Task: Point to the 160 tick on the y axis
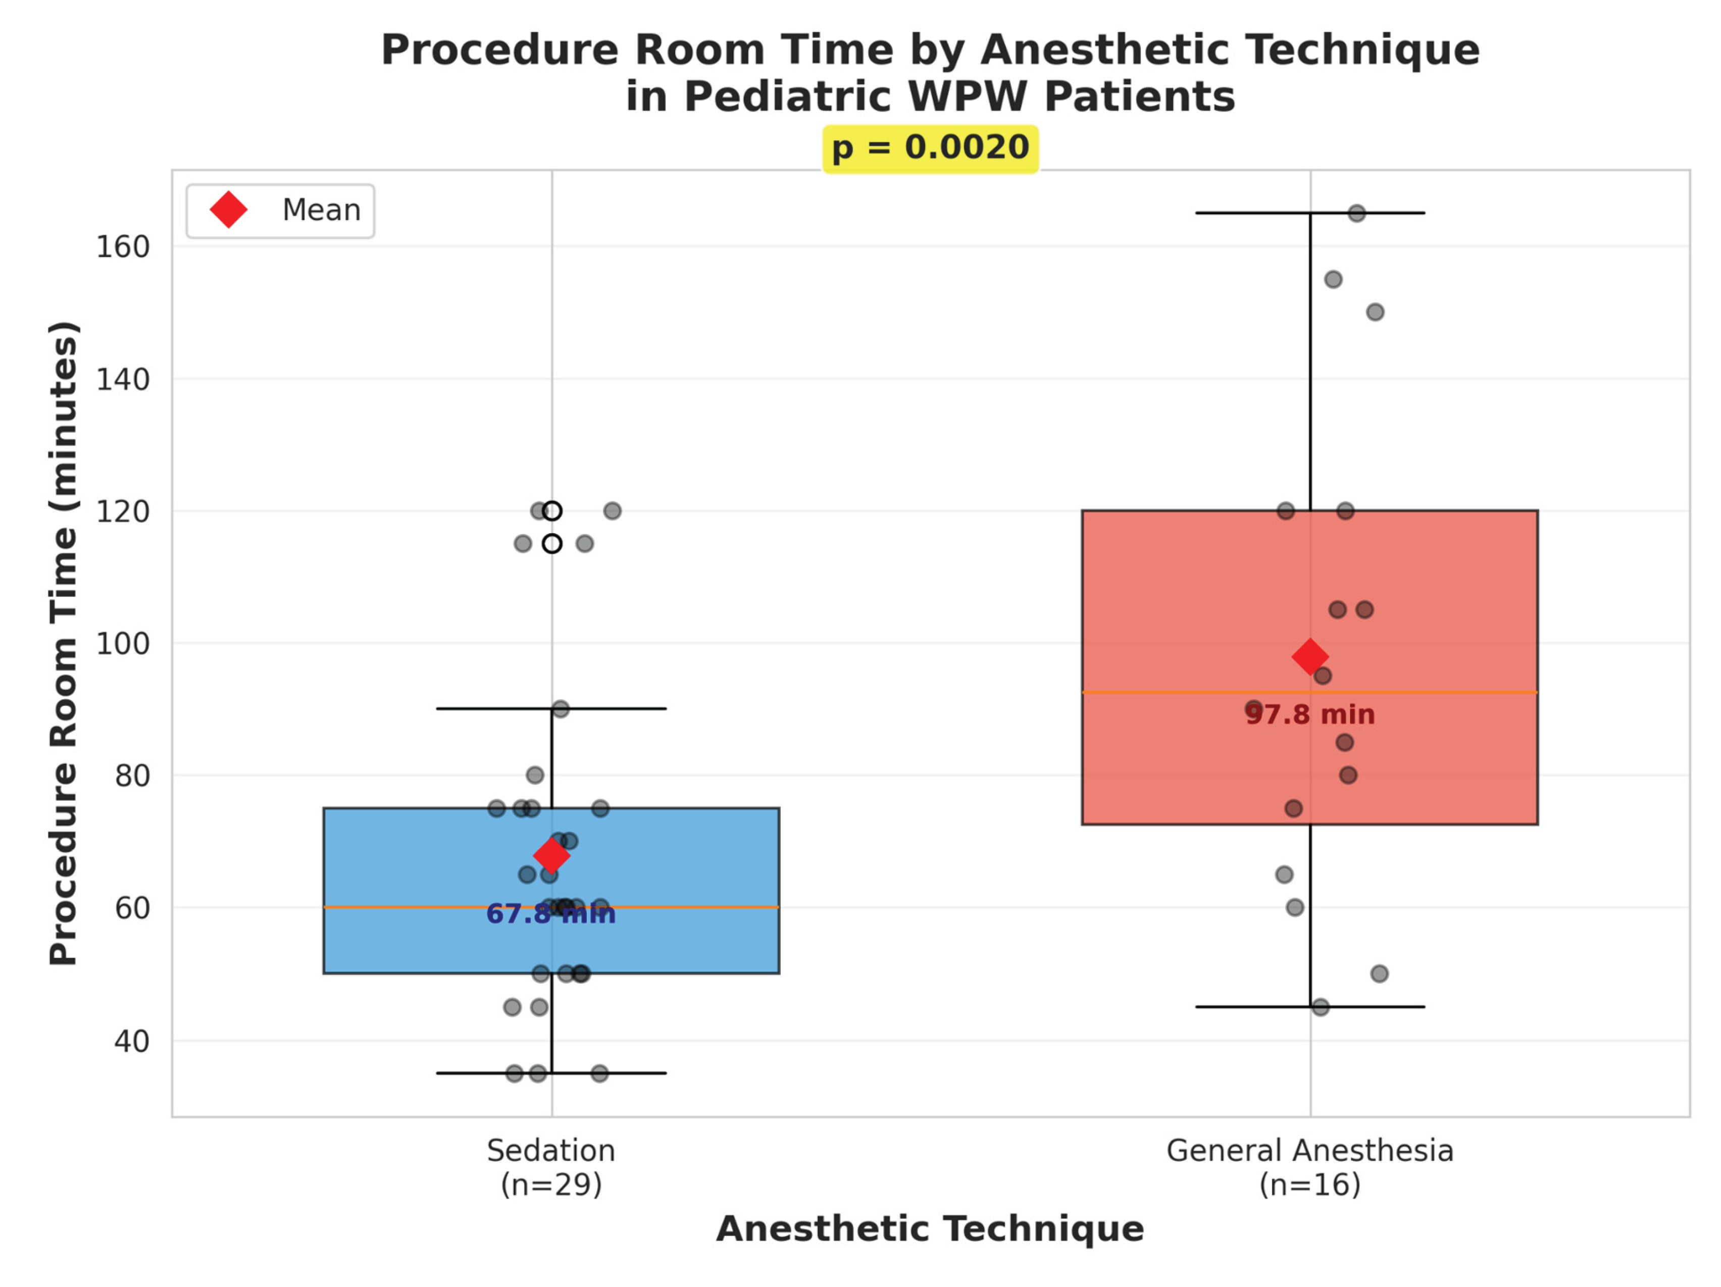[x=123, y=247]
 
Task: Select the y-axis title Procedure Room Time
[x=63, y=643]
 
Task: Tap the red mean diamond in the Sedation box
[x=551, y=856]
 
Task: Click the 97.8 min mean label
[x=1310, y=714]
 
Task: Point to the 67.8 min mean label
[x=551, y=913]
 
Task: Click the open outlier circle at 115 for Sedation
[x=551, y=544]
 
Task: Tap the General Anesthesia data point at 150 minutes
[x=1375, y=312]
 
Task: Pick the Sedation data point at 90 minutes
[x=560, y=709]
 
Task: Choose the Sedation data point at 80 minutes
[x=534, y=775]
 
